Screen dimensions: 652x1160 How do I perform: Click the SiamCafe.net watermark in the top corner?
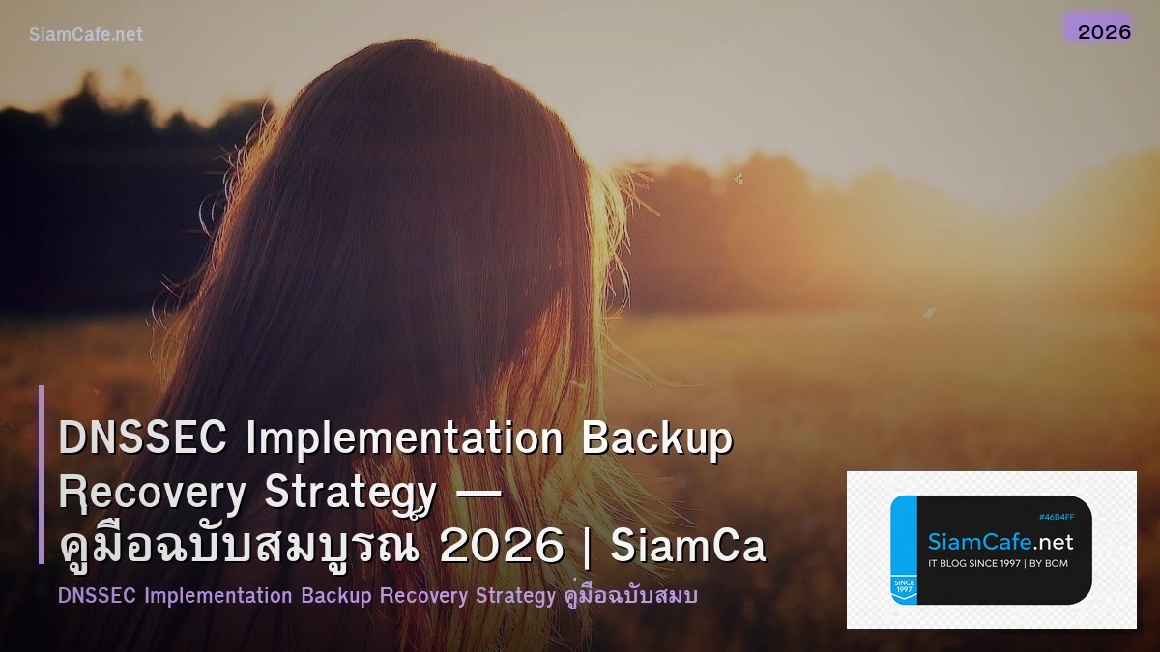[86, 34]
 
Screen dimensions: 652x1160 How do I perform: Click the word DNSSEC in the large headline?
[142, 439]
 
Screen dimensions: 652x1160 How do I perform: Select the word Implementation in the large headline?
[404, 439]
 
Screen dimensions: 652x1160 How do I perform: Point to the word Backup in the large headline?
[656, 439]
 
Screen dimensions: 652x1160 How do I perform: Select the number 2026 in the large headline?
[502, 547]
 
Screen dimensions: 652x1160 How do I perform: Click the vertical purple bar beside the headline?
[42, 474]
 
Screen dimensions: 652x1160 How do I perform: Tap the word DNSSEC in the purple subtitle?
[98, 596]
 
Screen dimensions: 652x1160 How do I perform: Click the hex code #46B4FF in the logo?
[1056, 518]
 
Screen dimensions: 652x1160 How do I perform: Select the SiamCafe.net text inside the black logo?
[1000, 542]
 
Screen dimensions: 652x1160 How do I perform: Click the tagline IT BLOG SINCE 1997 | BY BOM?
[998, 563]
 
